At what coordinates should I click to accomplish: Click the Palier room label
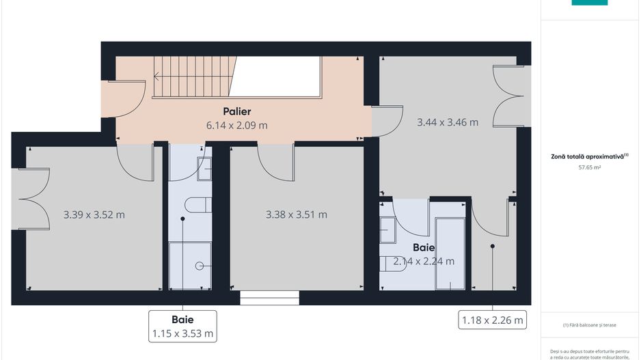[x=236, y=111]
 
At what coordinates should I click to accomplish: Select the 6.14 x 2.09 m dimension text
[x=236, y=126]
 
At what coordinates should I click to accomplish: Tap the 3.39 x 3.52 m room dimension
[x=94, y=214]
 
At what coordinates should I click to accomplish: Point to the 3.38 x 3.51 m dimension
[x=296, y=214]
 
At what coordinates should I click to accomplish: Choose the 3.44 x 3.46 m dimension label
[x=448, y=123]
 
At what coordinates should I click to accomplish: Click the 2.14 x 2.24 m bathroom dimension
[x=424, y=261]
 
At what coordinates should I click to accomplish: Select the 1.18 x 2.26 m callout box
[x=492, y=320]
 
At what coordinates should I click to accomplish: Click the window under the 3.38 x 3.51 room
[x=270, y=299]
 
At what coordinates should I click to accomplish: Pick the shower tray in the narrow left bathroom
[x=191, y=265]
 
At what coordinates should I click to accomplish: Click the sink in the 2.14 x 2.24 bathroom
[x=387, y=230]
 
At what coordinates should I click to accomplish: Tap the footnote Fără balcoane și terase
[x=589, y=324]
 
